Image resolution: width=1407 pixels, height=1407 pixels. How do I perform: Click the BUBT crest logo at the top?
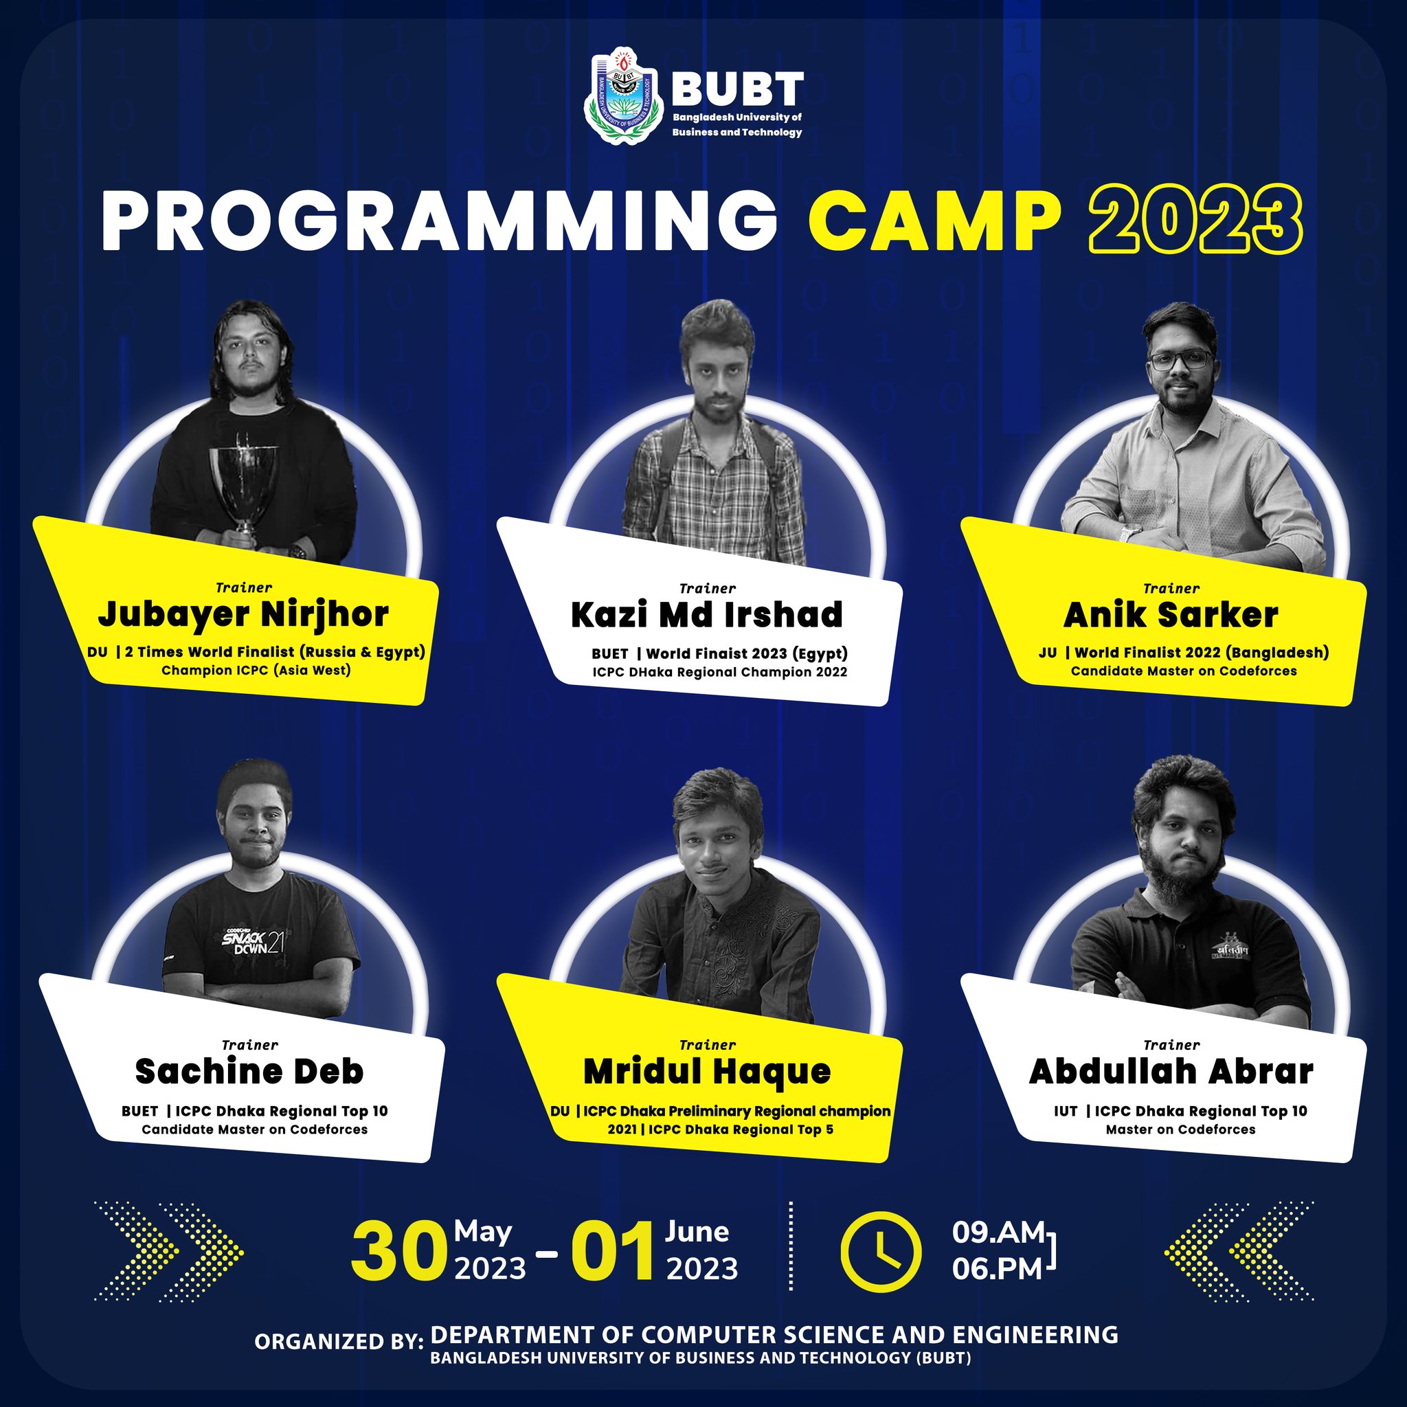click(622, 95)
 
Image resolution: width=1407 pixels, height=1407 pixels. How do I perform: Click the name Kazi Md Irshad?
click(706, 614)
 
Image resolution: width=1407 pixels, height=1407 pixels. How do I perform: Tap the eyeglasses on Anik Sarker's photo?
click(1180, 359)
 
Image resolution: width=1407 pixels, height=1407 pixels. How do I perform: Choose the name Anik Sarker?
click(1170, 616)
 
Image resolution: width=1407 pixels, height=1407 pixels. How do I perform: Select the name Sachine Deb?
click(249, 1071)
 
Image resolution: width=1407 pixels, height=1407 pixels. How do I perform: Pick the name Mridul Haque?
click(707, 1072)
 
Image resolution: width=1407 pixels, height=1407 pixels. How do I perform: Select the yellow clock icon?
click(881, 1252)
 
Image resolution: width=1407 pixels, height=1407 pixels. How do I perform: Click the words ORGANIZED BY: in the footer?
click(338, 1342)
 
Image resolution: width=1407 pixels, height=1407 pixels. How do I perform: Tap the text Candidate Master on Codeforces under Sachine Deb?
click(255, 1129)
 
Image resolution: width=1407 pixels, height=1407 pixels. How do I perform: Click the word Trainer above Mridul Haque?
click(707, 1045)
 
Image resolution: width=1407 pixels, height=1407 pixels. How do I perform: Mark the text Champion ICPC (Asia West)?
click(256, 670)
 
